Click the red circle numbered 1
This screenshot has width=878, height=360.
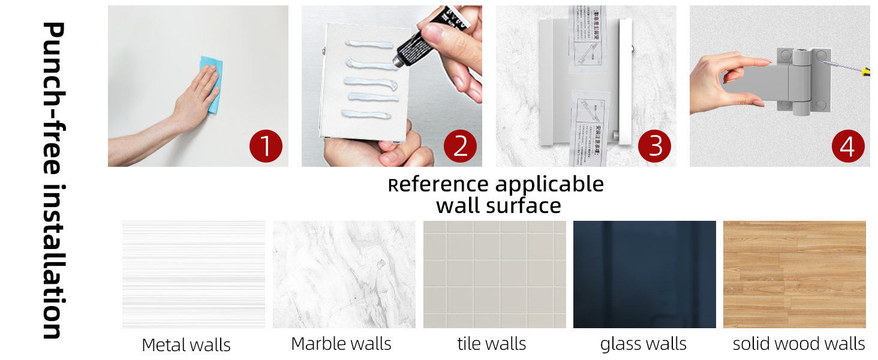click(266, 146)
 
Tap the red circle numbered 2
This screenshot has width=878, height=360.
click(460, 146)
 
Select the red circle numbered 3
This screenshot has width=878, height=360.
click(654, 146)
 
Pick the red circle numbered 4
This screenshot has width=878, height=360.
click(848, 146)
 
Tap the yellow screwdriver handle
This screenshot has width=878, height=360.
click(865, 72)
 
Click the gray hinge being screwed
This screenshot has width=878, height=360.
click(801, 81)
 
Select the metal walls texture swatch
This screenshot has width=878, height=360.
click(193, 274)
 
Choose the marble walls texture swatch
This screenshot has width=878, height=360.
click(344, 274)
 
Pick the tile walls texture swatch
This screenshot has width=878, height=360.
click(494, 274)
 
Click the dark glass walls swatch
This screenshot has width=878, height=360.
click(644, 274)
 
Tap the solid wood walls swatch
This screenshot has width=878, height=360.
click(794, 274)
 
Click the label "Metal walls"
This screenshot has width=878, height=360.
click(186, 345)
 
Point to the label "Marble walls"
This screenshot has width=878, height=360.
click(341, 344)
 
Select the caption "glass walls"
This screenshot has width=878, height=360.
click(643, 344)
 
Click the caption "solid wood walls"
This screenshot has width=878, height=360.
click(799, 344)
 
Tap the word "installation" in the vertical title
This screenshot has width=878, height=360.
click(53, 262)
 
